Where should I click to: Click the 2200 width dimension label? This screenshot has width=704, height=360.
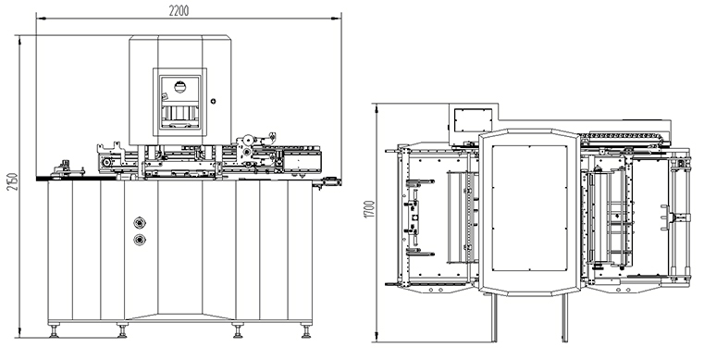tap(179, 11)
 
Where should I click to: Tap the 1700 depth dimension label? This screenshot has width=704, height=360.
tap(369, 210)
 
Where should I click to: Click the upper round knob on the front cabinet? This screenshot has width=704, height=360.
tap(140, 223)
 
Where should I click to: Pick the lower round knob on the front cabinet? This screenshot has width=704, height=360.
tap(140, 240)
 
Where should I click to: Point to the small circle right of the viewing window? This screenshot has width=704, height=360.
tap(214, 102)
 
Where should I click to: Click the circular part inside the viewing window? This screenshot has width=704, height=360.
tap(179, 87)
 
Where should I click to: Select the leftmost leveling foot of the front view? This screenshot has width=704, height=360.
tap(55, 330)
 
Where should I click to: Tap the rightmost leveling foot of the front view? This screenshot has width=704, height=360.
tap(306, 330)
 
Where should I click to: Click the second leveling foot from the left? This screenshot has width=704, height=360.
tap(122, 330)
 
